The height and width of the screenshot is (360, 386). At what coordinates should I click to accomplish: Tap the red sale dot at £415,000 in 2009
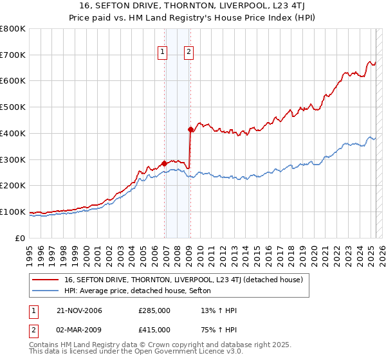(x=190, y=129)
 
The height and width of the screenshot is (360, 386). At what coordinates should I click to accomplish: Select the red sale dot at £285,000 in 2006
(x=164, y=163)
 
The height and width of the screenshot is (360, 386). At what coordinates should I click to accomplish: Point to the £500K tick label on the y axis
(x=13, y=107)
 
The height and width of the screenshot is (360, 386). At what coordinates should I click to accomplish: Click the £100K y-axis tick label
(x=13, y=212)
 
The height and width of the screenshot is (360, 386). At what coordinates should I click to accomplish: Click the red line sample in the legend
(x=46, y=280)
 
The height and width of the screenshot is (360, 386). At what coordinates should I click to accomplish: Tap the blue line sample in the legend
(x=46, y=291)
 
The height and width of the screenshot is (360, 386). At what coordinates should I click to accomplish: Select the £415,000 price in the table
(x=154, y=330)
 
